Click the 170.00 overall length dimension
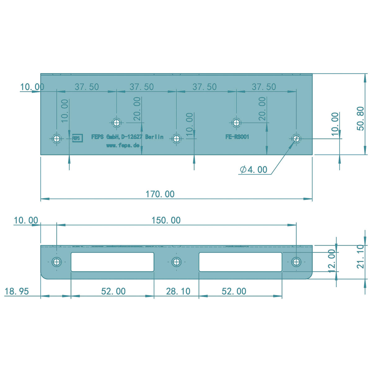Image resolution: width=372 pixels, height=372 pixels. pos(160,194)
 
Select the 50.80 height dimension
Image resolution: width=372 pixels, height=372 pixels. pos(361,118)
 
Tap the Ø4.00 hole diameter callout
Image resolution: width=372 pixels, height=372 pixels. pos(254,170)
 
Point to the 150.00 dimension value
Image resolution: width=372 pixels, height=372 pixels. pos(166,220)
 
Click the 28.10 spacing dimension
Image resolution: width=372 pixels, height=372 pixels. pos(178,291)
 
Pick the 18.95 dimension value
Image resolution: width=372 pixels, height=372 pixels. pos(17,291)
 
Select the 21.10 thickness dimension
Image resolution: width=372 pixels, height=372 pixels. pos(360,257)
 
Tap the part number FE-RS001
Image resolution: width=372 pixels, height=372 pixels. pos(237,137)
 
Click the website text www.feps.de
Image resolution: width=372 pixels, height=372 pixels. pos(123,145)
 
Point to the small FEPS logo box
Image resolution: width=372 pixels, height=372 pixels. pos(77,138)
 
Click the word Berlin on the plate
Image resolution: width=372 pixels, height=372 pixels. pos(154,137)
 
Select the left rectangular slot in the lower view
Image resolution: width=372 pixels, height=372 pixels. pos(113,262)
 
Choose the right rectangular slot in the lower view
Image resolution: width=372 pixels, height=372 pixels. pos(240,262)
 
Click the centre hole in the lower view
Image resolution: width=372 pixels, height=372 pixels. pos(176,262)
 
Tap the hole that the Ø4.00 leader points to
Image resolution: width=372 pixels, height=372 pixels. pos(296,138)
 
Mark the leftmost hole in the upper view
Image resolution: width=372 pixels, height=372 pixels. pos(56,138)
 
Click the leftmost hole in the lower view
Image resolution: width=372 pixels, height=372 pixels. pos(56,262)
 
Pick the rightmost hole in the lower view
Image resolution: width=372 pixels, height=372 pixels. pos(296,262)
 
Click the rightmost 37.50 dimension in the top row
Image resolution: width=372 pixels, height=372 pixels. pos(263,87)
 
